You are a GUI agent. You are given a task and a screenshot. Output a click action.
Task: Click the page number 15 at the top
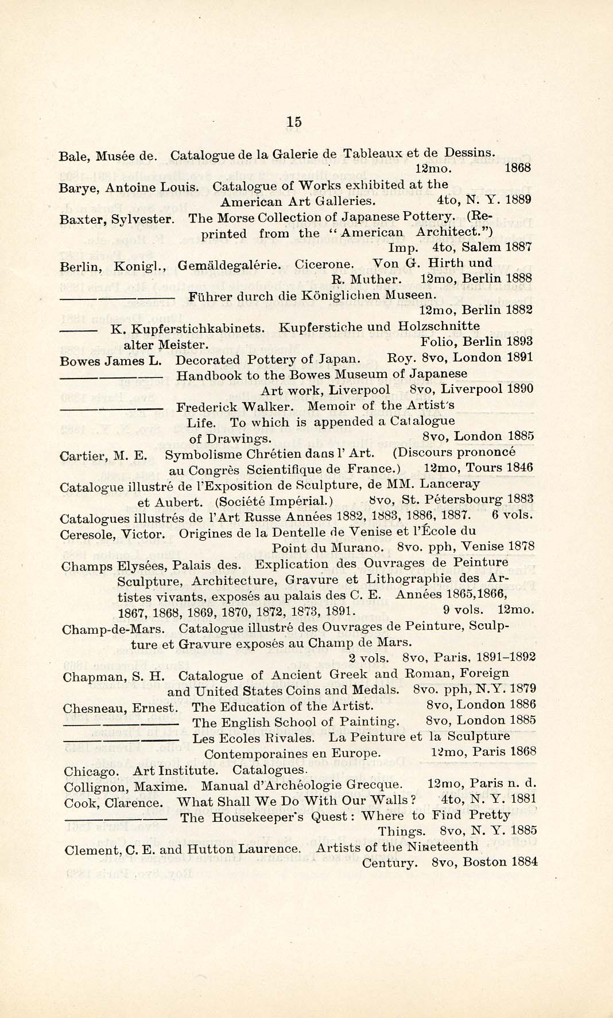click(294, 122)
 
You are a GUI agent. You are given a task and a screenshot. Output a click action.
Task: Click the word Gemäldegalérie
click(230, 265)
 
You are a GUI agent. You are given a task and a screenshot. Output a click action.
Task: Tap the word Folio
click(438, 342)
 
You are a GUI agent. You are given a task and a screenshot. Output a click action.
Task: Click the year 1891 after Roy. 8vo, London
click(520, 357)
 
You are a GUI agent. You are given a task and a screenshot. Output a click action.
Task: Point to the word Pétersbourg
click(465, 500)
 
